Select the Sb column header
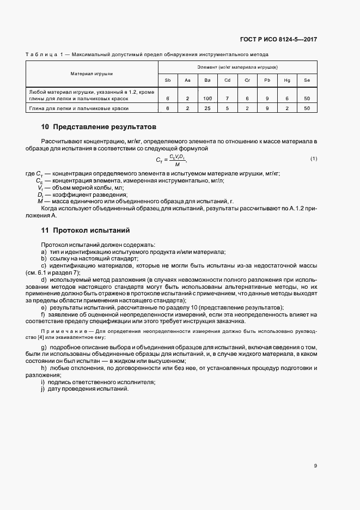coord(168,81)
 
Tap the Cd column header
coord(227,81)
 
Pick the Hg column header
coord(287,81)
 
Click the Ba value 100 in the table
coord(207,98)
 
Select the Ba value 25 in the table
coord(207,108)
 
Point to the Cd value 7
coord(227,98)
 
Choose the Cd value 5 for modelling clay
coord(227,108)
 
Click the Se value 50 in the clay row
coord(307,108)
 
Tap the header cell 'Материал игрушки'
coord(91,73)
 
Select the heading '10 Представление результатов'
coord(99,127)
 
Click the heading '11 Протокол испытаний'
coord(85,230)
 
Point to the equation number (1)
coord(313,159)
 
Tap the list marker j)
coord(43,390)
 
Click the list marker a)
coord(43,252)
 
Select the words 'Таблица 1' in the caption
coord(44,54)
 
